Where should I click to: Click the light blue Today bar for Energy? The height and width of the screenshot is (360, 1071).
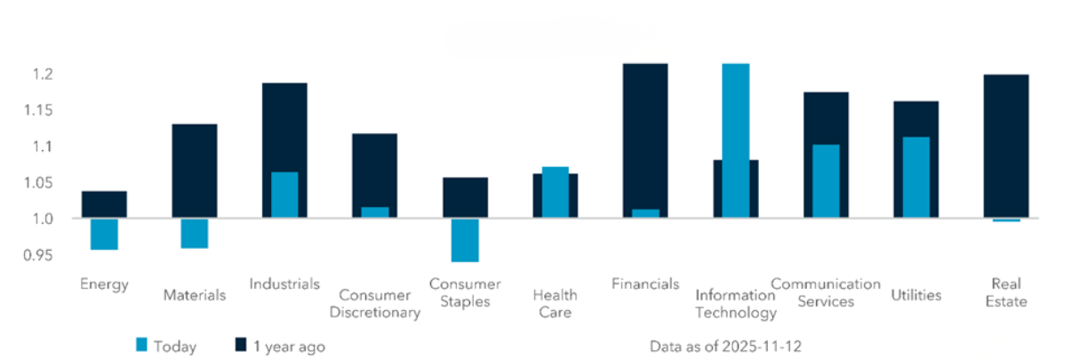point(104,234)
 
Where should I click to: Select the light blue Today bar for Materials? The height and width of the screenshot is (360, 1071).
point(194,233)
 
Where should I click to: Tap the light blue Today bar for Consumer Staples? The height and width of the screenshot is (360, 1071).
point(465,240)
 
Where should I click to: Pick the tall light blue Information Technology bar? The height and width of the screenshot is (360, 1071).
point(735,140)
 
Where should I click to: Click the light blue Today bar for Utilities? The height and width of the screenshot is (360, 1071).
point(915,177)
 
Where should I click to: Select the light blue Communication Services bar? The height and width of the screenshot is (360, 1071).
point(825,181)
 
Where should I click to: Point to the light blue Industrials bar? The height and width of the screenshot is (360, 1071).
point(284,195)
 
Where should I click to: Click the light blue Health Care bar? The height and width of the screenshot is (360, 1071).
point(555,192)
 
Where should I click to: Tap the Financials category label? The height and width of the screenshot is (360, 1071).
point(645,284)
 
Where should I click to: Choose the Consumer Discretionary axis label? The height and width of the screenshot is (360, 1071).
point(374,303)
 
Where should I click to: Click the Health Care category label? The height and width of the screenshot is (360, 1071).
point(555,303)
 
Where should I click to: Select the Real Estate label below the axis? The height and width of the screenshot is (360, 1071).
point(1005,292)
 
